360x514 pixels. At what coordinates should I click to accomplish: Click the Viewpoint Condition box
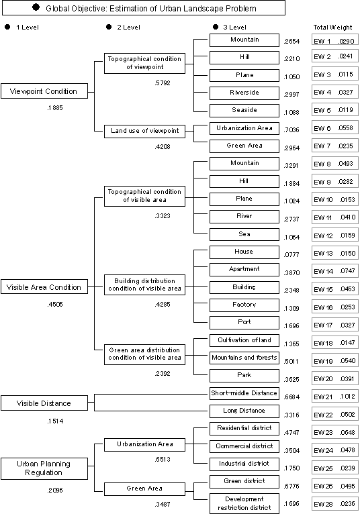tap(44, 91)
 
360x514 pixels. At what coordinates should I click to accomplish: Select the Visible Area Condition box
tap(44, 287)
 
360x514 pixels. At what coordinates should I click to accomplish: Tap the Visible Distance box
tap(44, 403)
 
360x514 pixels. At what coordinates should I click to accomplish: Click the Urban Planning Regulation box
tap(44, 468)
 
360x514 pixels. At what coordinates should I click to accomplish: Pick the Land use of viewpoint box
tap(144, 131)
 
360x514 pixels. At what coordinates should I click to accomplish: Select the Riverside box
tap(244, 93)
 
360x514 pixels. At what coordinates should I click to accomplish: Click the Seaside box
tap(244, 111)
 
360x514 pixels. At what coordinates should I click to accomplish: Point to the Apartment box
tap(244, 270)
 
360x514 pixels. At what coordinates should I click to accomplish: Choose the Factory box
tap(244, 305)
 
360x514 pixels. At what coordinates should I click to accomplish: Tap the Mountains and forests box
tap(244, 358)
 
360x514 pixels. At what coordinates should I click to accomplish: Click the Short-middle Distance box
tap(244, 393)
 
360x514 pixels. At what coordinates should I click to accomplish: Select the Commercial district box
tap(244, 446)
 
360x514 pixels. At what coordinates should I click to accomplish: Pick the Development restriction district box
tap(244, 503)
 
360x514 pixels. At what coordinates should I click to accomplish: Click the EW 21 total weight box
tap(334, 397)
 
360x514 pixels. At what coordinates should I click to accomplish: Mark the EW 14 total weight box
tap(334, 271)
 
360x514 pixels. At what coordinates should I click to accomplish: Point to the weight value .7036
tap(291, 130)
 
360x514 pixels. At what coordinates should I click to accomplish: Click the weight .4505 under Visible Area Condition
tap(55, 305)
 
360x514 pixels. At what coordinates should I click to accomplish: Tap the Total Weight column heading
tap(332, 28)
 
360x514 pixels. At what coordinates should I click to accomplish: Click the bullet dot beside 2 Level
tap(109, 27)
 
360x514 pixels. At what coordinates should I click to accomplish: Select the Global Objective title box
tap(144, 8)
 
